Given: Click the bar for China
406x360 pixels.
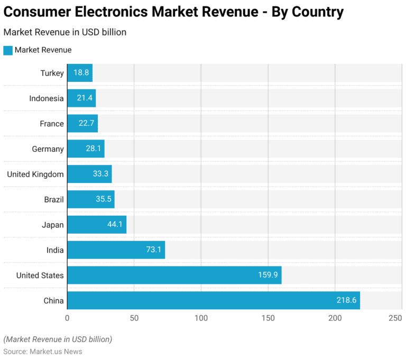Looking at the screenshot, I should pyautogui.click(x=211, y=300).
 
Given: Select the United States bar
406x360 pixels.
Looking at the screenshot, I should pyautogui.click(x=174, y=275).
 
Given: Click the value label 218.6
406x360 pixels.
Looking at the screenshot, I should pyautogui.click(x=347, y=300).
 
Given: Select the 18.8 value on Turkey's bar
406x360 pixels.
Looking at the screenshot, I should pyautogui.click(x=81, y=73).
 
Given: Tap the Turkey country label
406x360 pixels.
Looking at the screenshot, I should pyautogui.click(x=52, y=73).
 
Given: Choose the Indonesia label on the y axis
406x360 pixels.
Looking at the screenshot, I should pyautogui.click(x=47, y=98).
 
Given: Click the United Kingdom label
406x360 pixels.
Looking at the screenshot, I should pyautogui.click(x=35, y=174).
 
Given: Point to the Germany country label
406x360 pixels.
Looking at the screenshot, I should pyautogui.click(x=48, y=149).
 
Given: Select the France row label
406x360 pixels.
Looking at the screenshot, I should pyautogui.click(x=52, y=124).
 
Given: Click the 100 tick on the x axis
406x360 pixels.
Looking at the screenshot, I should pyautogui.click(x=201, y=318).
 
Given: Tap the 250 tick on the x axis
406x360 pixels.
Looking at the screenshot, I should pyautogui.click(x=395, y=318).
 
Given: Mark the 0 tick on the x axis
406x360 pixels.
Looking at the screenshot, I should pyautogui.click(x=67, y=318).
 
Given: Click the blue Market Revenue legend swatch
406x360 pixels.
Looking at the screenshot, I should pyautogui.click(x=7, y=50).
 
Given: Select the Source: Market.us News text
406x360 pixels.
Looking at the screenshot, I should pyautogui.click(x=42, y=351).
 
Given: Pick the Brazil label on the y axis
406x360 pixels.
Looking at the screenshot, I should pyautogui.click(x=54, y=199).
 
